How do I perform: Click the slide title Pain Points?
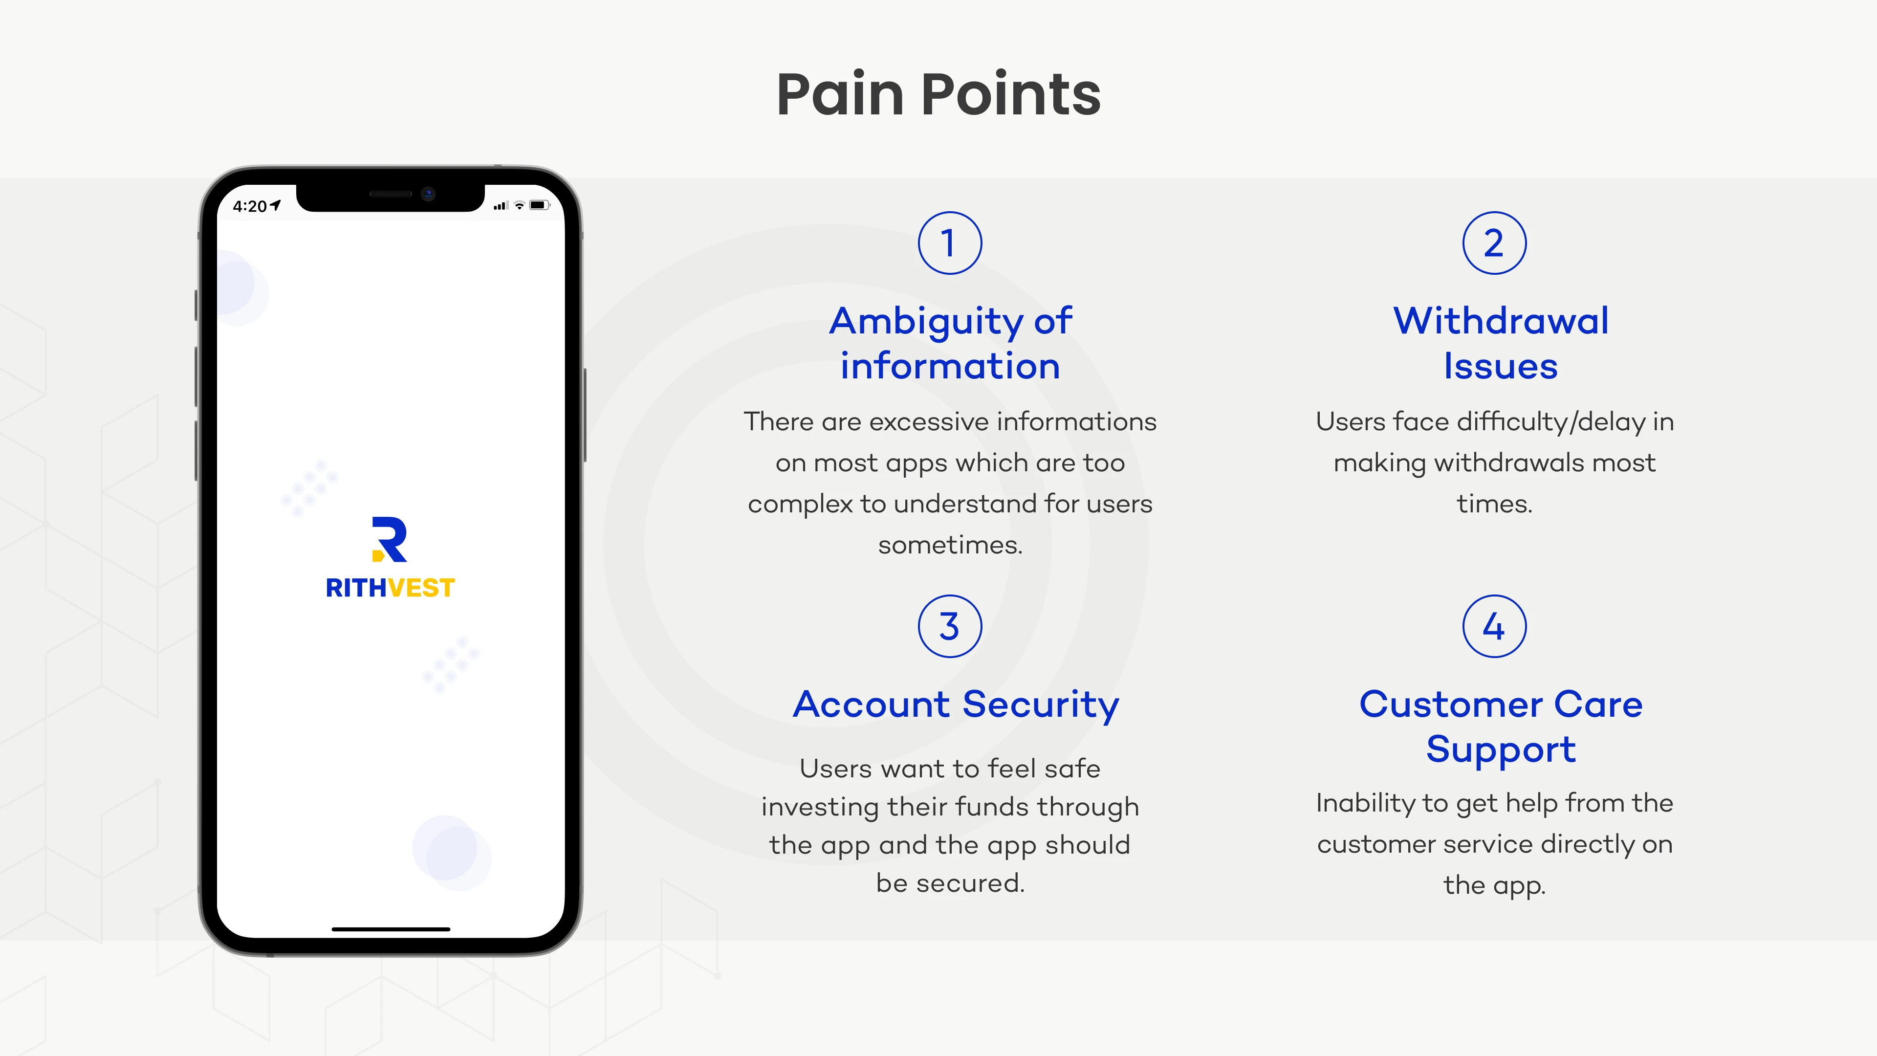tap(938, 95)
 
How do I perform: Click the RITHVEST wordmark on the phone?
tap(391, 587)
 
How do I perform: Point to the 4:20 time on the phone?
tap(249, 206)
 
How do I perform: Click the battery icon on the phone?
tap(539, 205)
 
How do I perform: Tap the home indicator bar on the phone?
tap(391, 929)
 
